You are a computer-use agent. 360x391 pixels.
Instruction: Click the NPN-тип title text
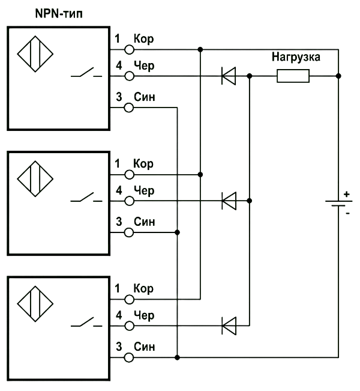pyautogui.click(x=59, y=14)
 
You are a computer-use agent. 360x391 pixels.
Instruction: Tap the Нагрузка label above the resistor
pyautogui.click(x=296, y=57)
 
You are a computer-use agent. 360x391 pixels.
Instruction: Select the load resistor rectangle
pyautogui.click(x=293, y=76)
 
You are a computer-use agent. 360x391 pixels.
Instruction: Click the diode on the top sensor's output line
pyautogui.click(x=229, y=76)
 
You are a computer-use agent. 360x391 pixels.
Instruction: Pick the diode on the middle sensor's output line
pyautogui.click(x=229, y=201)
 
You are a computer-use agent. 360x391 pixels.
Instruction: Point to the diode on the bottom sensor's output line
pyautogui.click(x=229, y=326)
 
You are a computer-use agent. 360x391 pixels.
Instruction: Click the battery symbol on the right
pyautogui.click(x=338, y=204)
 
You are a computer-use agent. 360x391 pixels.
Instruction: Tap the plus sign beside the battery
pyautogui.click(x=347, y=194)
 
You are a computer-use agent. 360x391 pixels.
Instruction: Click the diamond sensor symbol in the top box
pyautogui.click(x=35, y=54)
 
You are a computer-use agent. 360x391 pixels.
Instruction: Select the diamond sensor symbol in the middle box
pyautogui.click(x=35, y=179)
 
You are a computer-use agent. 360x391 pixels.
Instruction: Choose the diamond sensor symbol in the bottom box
pyautogui.click(x=35, y=304)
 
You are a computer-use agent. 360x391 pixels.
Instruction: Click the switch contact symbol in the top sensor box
pyautogui.click(x=86, y=73)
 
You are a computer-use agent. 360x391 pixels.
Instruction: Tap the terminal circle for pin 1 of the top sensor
pyautogui.click(x=129, y=50)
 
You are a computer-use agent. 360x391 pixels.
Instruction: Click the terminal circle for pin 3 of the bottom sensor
pyautogui.click(x=129, y=358)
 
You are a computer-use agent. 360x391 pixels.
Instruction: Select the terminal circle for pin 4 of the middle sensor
pyautogui.click(x=129, y=201)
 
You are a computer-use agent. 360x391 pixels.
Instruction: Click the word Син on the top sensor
pyautogui.click(x=144, y=97)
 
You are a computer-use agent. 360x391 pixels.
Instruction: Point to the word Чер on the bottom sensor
pyautogui.click(x=144, y=316)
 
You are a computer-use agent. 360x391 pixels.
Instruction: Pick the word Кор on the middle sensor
pyautogui.click(x=143, y=164)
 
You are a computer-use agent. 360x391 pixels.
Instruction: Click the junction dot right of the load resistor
pyautogui.click(x=338, y=76)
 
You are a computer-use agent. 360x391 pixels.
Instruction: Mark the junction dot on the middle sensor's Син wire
pyautogui.click(x=177, y=232)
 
